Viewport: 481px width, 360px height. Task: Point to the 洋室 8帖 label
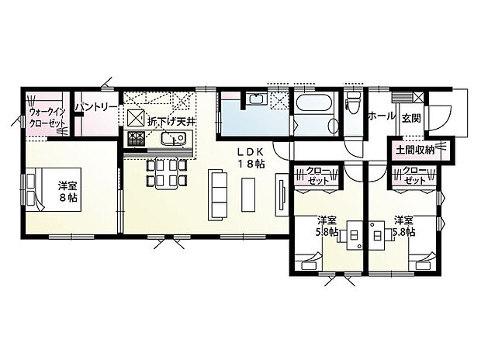coord(68,192)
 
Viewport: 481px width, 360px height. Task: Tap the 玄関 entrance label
coord(410,117)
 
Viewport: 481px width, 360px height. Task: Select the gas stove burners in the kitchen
coord(136,140)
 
